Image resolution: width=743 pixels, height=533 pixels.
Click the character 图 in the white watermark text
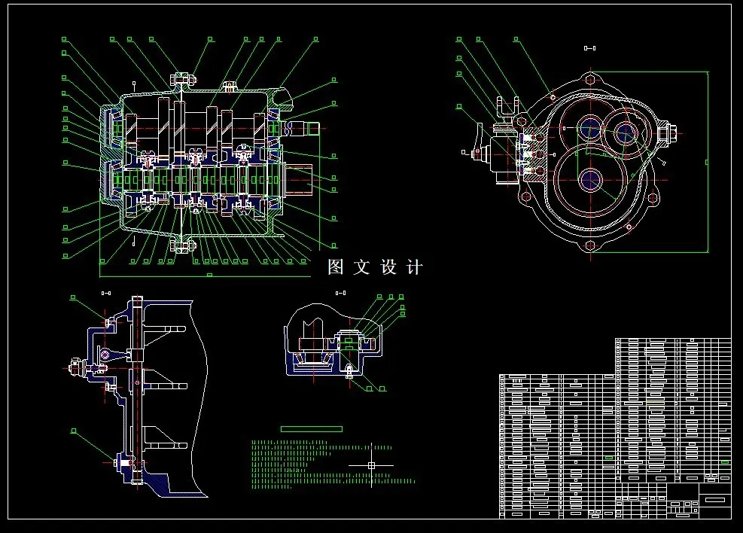click(x=336, y=267)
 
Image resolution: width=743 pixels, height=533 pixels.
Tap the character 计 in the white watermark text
click(x=414, y=267)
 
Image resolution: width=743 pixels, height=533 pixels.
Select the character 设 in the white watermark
click(x=388, y=267)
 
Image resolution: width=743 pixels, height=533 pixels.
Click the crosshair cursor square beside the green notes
click(x=371, y=465)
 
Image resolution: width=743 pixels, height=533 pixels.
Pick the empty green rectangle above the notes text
click(x=311, y=428)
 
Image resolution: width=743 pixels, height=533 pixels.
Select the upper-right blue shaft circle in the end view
click(x=624, y=133)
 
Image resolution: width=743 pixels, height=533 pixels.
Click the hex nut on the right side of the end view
click(x=666, y=133)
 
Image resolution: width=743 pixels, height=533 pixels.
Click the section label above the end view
click(x=589, y=49)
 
